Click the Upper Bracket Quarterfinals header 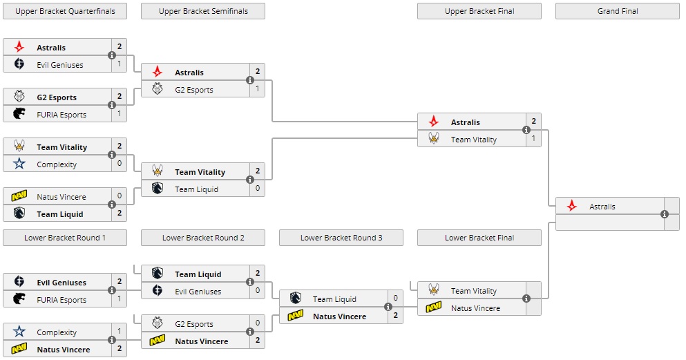point(65,11)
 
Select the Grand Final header point(617,11)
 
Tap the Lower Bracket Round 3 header point(341,238)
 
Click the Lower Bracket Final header point(479,238)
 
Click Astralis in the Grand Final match point(602,207)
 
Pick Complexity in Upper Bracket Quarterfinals point(57,164)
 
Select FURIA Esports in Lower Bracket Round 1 point(61,300)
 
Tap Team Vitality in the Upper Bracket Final point(473,140)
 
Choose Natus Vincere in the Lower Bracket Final point(475,308)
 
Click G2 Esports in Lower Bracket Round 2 point(194,324)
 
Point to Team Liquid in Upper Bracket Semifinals point(196,189)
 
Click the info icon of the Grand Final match point(665,214)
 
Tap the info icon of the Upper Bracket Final point(526,130)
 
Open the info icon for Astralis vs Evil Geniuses point(112,55)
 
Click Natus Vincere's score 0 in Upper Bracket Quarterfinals point(119,196)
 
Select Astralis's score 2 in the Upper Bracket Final point(533,122)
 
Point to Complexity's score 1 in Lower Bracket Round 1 point(119,332)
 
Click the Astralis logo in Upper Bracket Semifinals point(158,72)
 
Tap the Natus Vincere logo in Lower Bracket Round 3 point(296,316)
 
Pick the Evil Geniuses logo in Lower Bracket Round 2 point(158,291)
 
